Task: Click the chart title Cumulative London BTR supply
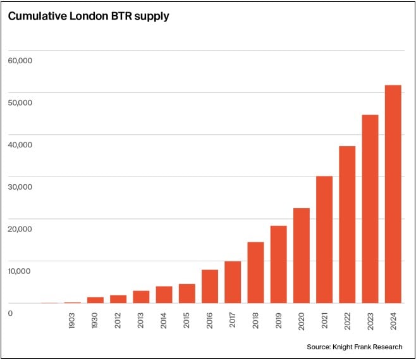(x=89, y=16)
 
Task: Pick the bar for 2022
(x=347, y=225)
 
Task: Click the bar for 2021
(x=324, y=240)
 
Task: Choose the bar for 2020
(x=301, y=256)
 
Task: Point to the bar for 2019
(x=278, y=264)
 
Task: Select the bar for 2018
(x=255, y=273)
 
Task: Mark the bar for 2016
(x=210, y=287)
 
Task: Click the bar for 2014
(x=164, y=295)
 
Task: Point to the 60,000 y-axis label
(x=20, y=60)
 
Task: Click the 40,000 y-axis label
(x=20, y=145)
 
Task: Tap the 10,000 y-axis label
(x=20, y=271)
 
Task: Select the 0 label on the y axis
(x=10, y=313)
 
